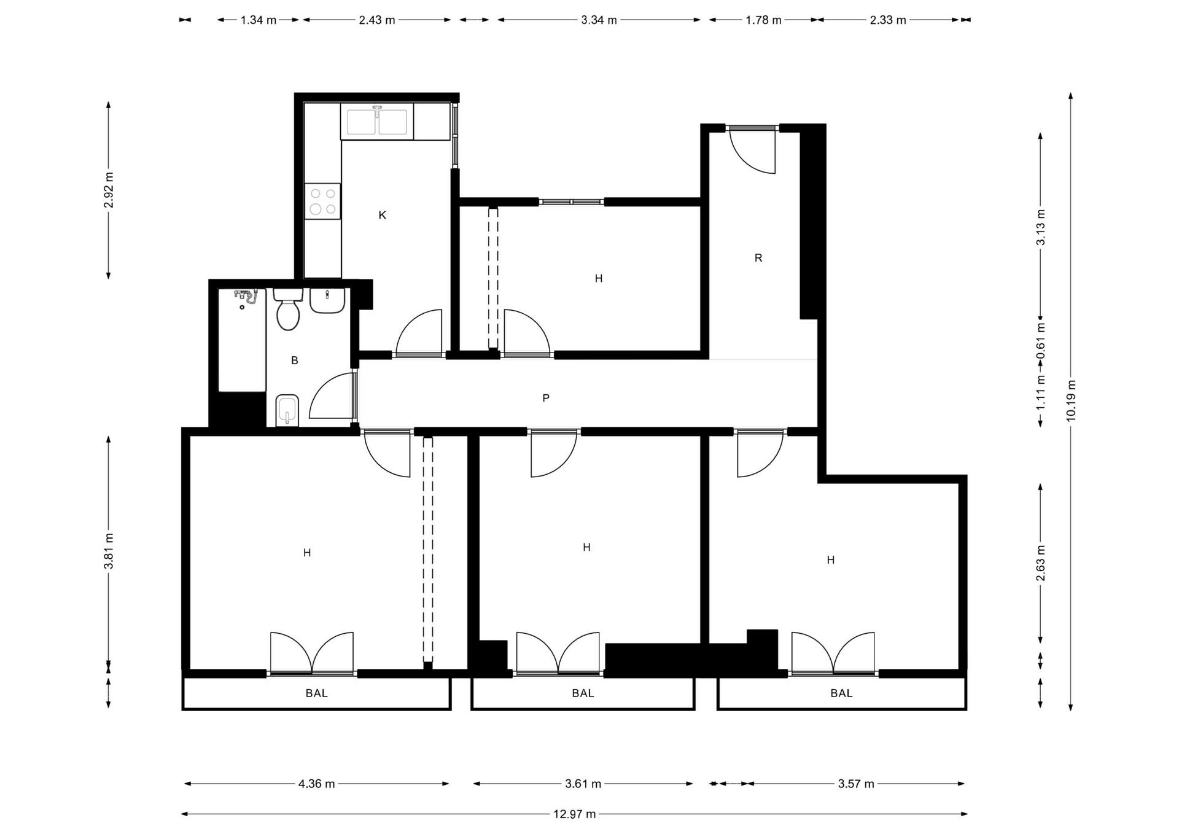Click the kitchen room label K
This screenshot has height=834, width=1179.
[x=382, y=215]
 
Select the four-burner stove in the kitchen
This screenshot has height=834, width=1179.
[x=323, y=201]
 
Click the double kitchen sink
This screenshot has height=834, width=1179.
[x=377, y=122]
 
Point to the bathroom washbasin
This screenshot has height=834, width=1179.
[x=327, y=300]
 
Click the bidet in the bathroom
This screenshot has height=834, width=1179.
[x=287, y=409]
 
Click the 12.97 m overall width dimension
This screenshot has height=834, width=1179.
[x=574, y=814]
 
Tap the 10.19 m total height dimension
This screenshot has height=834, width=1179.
[x=1071, y=400]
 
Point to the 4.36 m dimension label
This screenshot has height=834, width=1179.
[x=316, y=784]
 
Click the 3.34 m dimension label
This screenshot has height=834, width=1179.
[x=599, y=20]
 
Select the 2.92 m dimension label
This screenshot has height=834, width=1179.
[x=109, y=190]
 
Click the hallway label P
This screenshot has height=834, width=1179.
[x=546, y=398]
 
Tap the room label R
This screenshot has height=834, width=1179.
[x=758, y=258]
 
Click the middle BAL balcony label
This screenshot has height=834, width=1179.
[x=583, y=693]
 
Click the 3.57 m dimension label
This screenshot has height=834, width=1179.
[x=856, y=784]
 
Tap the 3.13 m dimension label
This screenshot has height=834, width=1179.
[x=1041, y=227]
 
